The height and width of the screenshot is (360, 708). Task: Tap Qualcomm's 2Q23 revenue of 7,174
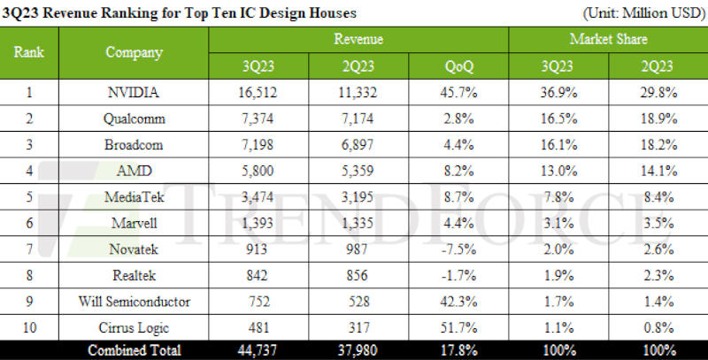click(358, 119)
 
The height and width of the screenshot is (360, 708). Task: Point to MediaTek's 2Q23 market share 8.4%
click(658, 195)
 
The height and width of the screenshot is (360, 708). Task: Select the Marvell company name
click(134, 221)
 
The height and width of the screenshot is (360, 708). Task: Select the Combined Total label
click(134, 350)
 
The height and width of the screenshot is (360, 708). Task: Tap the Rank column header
click(29, 52)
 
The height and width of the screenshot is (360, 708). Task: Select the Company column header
click(134, 52)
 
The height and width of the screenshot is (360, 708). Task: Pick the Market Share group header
click(608, 39)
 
